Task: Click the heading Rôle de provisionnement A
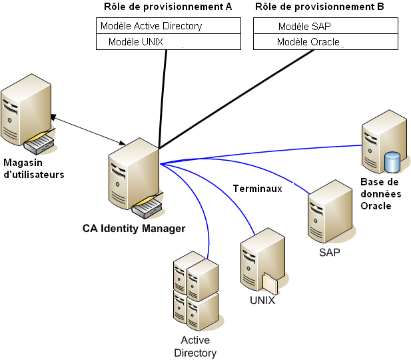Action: (168, 7)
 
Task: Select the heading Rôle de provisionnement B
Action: (319, 7)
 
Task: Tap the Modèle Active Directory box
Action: (168, 26)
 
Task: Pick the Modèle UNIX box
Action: (168, 42)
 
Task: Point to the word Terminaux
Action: (257, 189)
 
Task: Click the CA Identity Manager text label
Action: (133, 229)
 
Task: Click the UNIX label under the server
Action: (262, 301)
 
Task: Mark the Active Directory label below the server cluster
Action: (195, 347)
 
